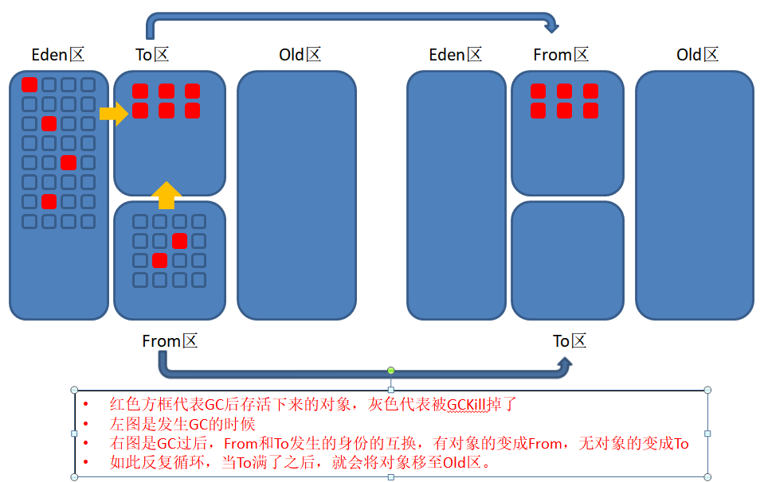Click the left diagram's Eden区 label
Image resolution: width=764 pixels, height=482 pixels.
click(58, 54)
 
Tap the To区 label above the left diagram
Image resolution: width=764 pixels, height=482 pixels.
click(152, 54)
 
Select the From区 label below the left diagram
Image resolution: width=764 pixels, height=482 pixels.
click(170, 341)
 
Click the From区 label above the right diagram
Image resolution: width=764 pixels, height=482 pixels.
click(561, 54)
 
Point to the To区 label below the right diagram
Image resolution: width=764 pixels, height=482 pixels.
click(569, 341)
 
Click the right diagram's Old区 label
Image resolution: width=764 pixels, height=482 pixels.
click(697, 54)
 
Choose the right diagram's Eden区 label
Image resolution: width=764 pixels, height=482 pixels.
click(456, 54)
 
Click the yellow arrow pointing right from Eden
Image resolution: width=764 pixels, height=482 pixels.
click(114, 114)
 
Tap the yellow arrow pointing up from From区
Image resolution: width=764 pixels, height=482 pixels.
click(167, 196)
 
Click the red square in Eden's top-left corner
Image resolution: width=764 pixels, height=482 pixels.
click(29, 84)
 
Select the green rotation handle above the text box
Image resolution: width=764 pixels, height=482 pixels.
click(391, 371)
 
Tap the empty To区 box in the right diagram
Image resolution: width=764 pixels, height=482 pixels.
click(568, 261)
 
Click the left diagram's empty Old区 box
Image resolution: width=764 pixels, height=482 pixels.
click(296, 196)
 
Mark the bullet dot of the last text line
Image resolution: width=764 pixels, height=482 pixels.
click(86, 462)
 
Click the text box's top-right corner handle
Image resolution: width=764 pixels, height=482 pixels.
click(707, 390)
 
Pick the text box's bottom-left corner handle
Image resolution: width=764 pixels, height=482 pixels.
click(74, 477)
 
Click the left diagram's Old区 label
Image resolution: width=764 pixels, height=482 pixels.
click(300, 54)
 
